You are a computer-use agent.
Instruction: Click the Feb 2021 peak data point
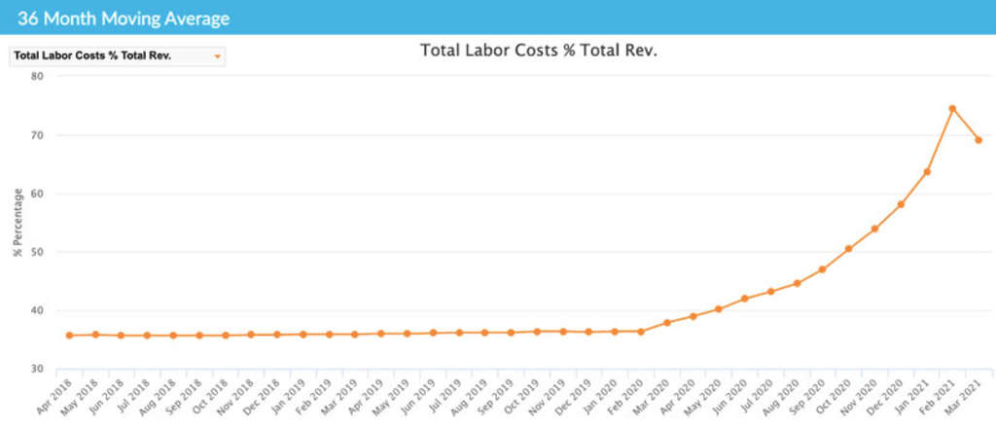(952, 108)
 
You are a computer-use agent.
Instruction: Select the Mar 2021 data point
(978, 140)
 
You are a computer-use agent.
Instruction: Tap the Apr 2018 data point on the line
(69, 336)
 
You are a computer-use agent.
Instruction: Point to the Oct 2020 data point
(848, 249)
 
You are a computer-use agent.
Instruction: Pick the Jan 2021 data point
(927, 172)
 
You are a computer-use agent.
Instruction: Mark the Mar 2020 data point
(666, 323)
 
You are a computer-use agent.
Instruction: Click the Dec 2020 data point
(901, 204)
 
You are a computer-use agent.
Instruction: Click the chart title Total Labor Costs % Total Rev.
(539, 50)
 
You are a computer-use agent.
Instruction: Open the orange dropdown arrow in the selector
(218, 56)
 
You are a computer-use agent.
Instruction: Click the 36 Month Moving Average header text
(124, 17)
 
